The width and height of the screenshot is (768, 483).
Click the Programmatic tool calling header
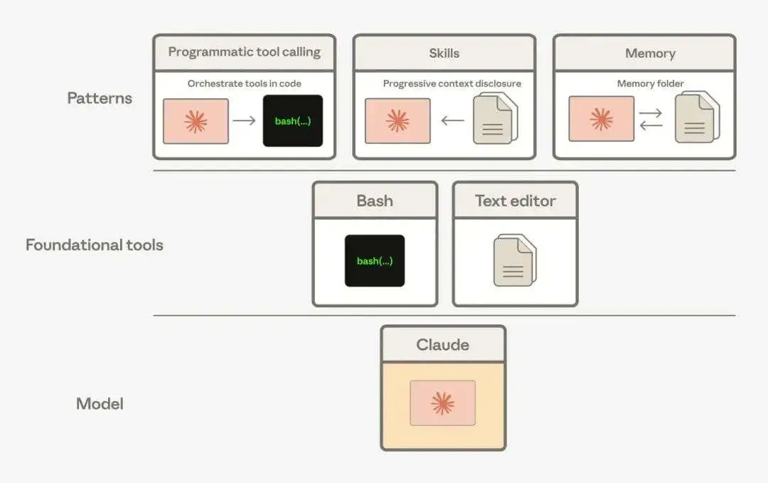pyautogui.click(x=245, y=52)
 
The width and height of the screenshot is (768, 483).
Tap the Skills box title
pyautogui.click(x=444, y=53)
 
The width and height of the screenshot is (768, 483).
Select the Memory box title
pyautogui.click(x=651, y=53)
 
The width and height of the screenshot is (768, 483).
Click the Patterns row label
pyautogui.click(x=100, y=98)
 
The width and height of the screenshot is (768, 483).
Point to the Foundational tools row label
pyautogui.click(x=94, y=245)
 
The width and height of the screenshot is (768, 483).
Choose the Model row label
pyautogui.click(x=100, y=403)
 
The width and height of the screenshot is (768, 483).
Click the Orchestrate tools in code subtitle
pyautogui.click(x=245, y=84)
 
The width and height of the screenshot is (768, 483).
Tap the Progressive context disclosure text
pyautogui.click(x=452, y=84)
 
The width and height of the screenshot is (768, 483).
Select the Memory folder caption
pyautogui.click(x=651, y=84)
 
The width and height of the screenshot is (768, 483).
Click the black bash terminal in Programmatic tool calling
pyautogui.click(x=293, y=121)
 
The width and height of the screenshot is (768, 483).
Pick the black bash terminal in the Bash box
pyautogui.click(x=375, y=260)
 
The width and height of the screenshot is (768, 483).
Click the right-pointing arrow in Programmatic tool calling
pyautogui.click(x=245, y=120)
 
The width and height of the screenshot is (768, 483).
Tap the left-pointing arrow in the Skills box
pyautogui.click(x=452, y=120)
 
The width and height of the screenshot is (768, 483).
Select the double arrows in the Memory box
pyautogui.click(x=651, y=120)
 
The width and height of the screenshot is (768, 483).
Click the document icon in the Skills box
pyautogui.click(x=495, y=118)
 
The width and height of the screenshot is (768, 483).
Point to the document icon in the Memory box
pyautogui.click(x=697, y=117)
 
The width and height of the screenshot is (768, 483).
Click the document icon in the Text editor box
pyautogui.click(x=516, y=260)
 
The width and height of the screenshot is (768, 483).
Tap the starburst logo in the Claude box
pyautogui.click(x=443, y=403)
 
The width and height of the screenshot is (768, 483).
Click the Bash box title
pyautogui.click(x=375, y=201)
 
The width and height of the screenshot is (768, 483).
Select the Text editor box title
pyautogui.click(x=516, y=201)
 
